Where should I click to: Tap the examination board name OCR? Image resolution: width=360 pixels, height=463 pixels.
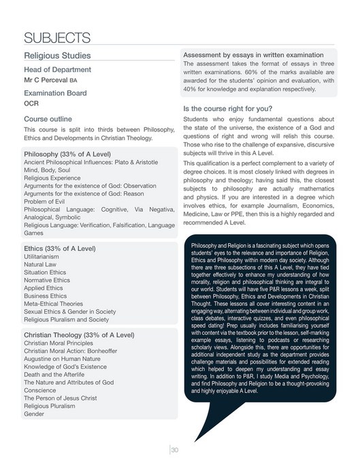pos(32,104)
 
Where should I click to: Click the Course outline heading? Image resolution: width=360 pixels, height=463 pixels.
pos(48,118)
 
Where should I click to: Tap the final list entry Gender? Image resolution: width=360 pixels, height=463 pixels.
pos(34,413)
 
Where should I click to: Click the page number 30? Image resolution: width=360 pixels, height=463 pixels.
pos(174,449)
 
